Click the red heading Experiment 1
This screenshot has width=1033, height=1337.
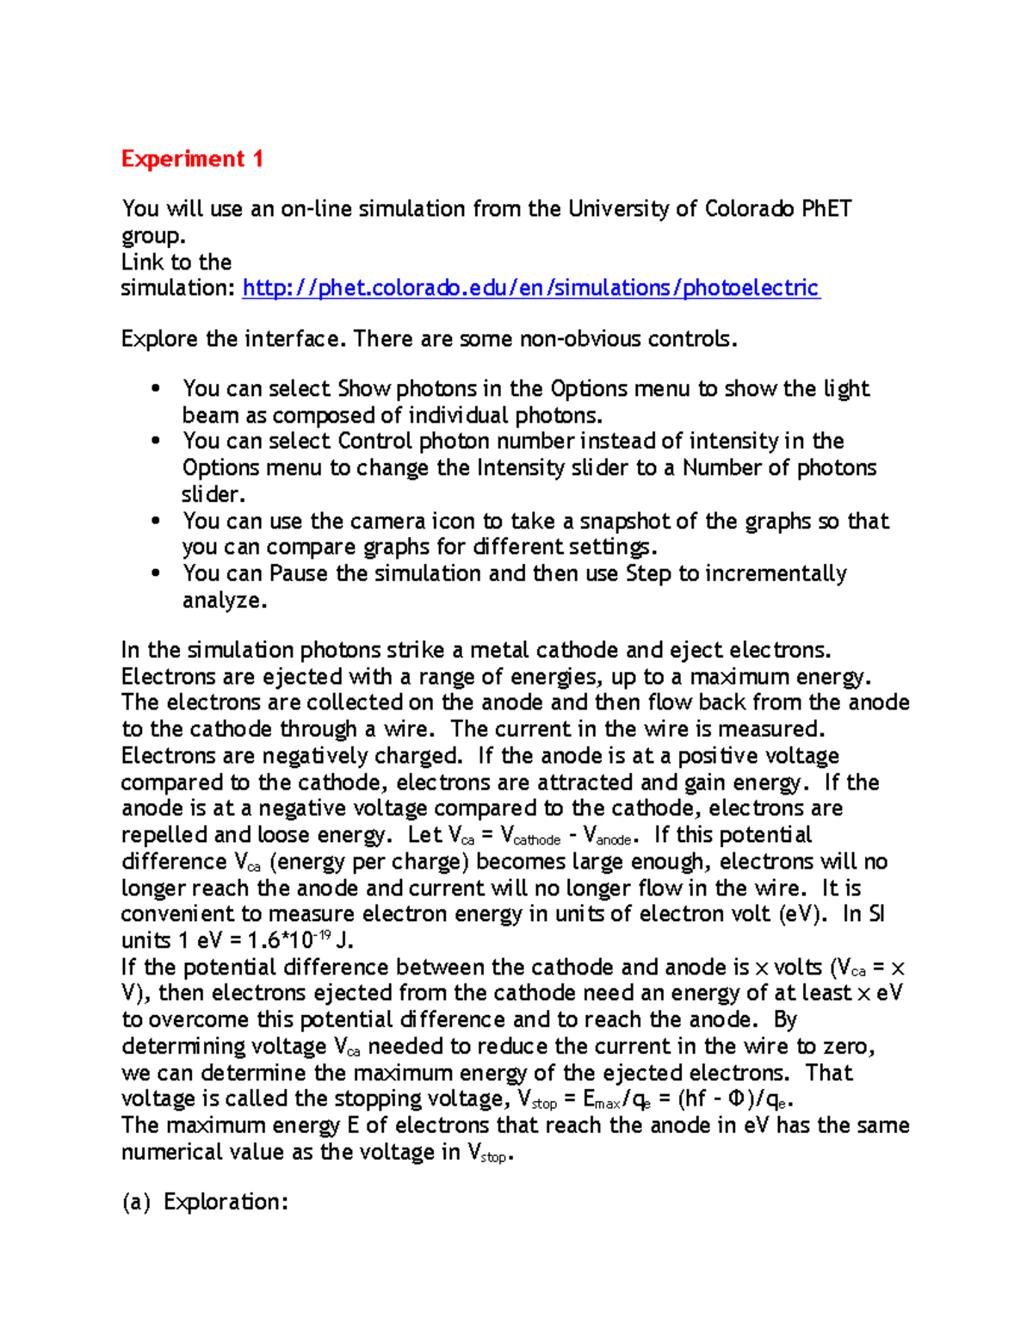(192, 159)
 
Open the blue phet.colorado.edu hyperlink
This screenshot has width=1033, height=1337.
(531, 288)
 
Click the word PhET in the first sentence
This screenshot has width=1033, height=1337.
(826, 209)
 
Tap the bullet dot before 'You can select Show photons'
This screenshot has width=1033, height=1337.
(156, 388)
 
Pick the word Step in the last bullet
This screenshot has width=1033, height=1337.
(648, 574)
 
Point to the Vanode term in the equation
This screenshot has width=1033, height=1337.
(611, 836)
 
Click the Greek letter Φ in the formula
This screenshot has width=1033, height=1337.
(736, 1099)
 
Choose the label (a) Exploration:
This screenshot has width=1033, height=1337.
(205, 1202)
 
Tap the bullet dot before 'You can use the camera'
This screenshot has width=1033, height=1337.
(156, 521)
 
